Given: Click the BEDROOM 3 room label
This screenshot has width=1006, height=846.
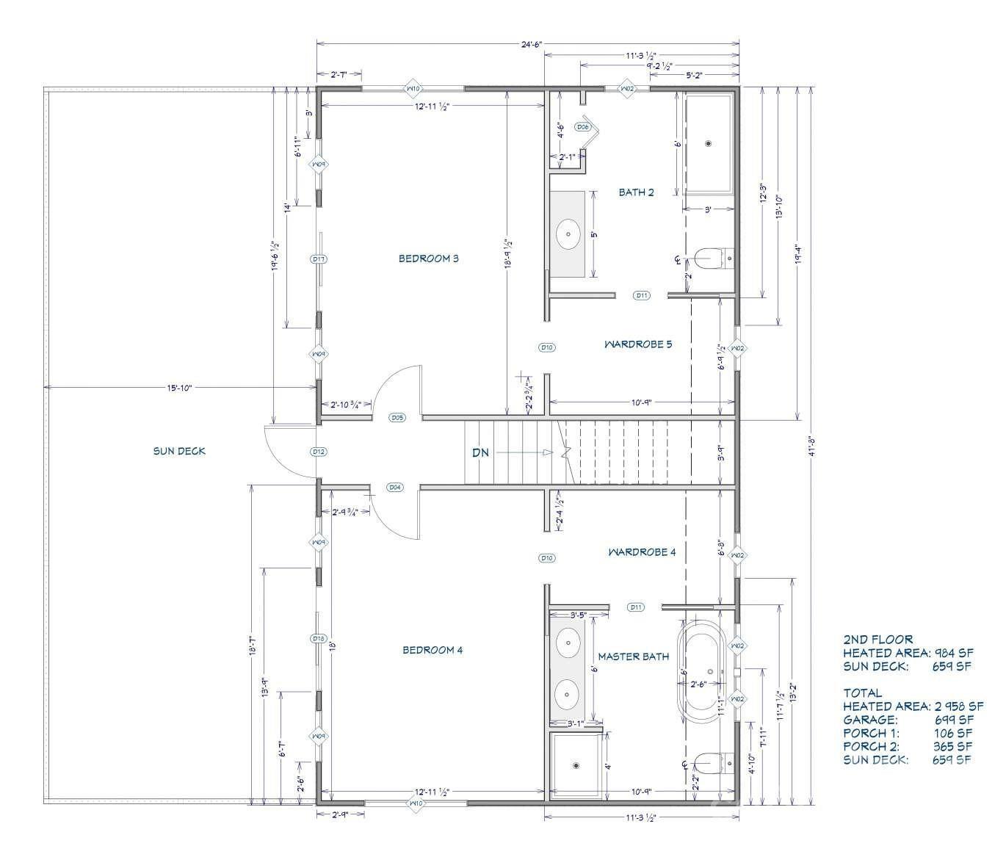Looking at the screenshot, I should pyautogui.click(x=428, y=258).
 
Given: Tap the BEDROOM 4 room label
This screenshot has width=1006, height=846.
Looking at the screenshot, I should pyautogui.click(x=433, y=650).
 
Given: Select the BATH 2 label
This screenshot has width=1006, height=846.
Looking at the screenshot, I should pyautogui.click(x=636, y=192).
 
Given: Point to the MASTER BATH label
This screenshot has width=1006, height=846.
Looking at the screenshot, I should pyautogui.click(x=633, y=657).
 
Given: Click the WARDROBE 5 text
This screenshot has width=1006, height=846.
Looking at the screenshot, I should pyautogui.click(x=637, y=344).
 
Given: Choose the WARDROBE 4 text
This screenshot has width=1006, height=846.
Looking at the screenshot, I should pyautogui.click(x=641, y=552).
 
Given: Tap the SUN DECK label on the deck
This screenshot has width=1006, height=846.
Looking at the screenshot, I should pyautogui.click(x=179, y=451).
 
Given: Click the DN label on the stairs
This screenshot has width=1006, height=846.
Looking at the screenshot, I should pyautogui.click(x=480, y=453).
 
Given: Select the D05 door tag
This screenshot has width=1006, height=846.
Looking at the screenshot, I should pyautogui.click(x=397, y=418).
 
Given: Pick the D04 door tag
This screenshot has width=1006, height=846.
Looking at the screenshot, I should pyautogui.click(x=394, y=487).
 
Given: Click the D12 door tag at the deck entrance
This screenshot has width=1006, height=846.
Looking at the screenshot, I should pyautogui.click(x=318, y=452).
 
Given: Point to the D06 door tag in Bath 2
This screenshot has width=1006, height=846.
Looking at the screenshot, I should pyautogui.click(x=583, y=127).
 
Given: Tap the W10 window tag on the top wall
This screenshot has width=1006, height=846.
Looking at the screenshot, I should pyautogui.click(x=413, y=89).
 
